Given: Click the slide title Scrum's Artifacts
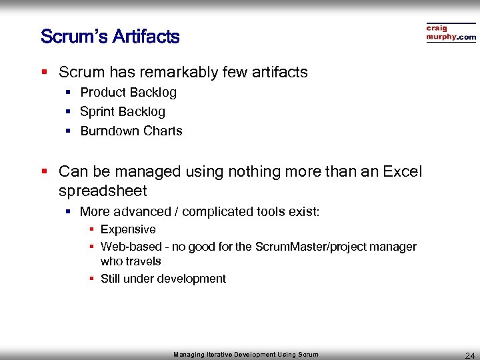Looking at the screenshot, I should pyautogui.click(x=110, y=37).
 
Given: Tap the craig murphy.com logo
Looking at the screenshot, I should pyautogui.click(x=451, y=33).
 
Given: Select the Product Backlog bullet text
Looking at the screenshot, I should pyautogui.click(x=128, y=93).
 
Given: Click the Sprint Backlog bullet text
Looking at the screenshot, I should pyautogui.click(x=123, y=112).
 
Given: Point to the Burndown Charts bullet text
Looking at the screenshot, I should pyautogui.click(x=131, y=131).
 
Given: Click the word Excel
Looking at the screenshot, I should pyautogui.click(x=403, y=171).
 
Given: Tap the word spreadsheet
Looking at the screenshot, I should pyautogui.click(x=103, y=191).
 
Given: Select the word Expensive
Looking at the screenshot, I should pyautogui.click(x=128, y=229).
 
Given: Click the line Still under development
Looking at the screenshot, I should pyautogui.click(x=163, y=279).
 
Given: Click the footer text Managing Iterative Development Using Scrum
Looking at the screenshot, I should pyautogui.click(x=246, y=355).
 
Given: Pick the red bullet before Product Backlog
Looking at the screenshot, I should pyautogui.click(x=68, y=93).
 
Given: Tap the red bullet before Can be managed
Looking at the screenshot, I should pyautogui.click(x=45, y=171).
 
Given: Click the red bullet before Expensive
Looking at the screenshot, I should pyautogui.click(x=92, y=229).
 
